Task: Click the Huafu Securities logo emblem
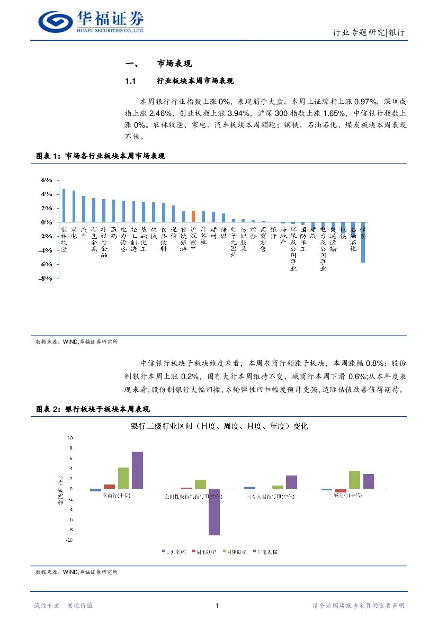[56, 21]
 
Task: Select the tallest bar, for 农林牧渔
[64, 205]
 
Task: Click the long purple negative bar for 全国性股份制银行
[214, 512]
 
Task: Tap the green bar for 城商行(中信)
[354, 479]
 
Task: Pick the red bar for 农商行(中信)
[109, 486]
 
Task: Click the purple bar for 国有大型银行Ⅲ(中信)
[291, 482]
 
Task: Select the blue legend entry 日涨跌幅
[174, 552]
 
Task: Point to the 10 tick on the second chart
[69, 438]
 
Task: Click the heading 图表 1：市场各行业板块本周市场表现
[101, 156]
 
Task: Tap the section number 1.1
[131, 81]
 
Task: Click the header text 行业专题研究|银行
[368, 33]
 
